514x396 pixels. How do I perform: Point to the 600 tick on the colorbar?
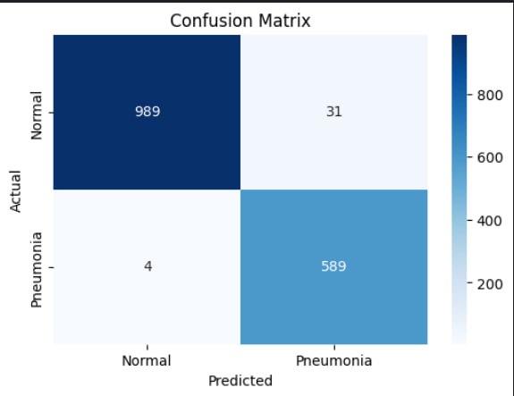[488, 157]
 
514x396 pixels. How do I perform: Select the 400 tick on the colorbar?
[488, 221]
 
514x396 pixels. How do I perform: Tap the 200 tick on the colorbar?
[488, 284]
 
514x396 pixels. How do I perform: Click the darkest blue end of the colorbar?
[459, 39]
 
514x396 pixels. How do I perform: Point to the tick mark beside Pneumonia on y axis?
[50, 266]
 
